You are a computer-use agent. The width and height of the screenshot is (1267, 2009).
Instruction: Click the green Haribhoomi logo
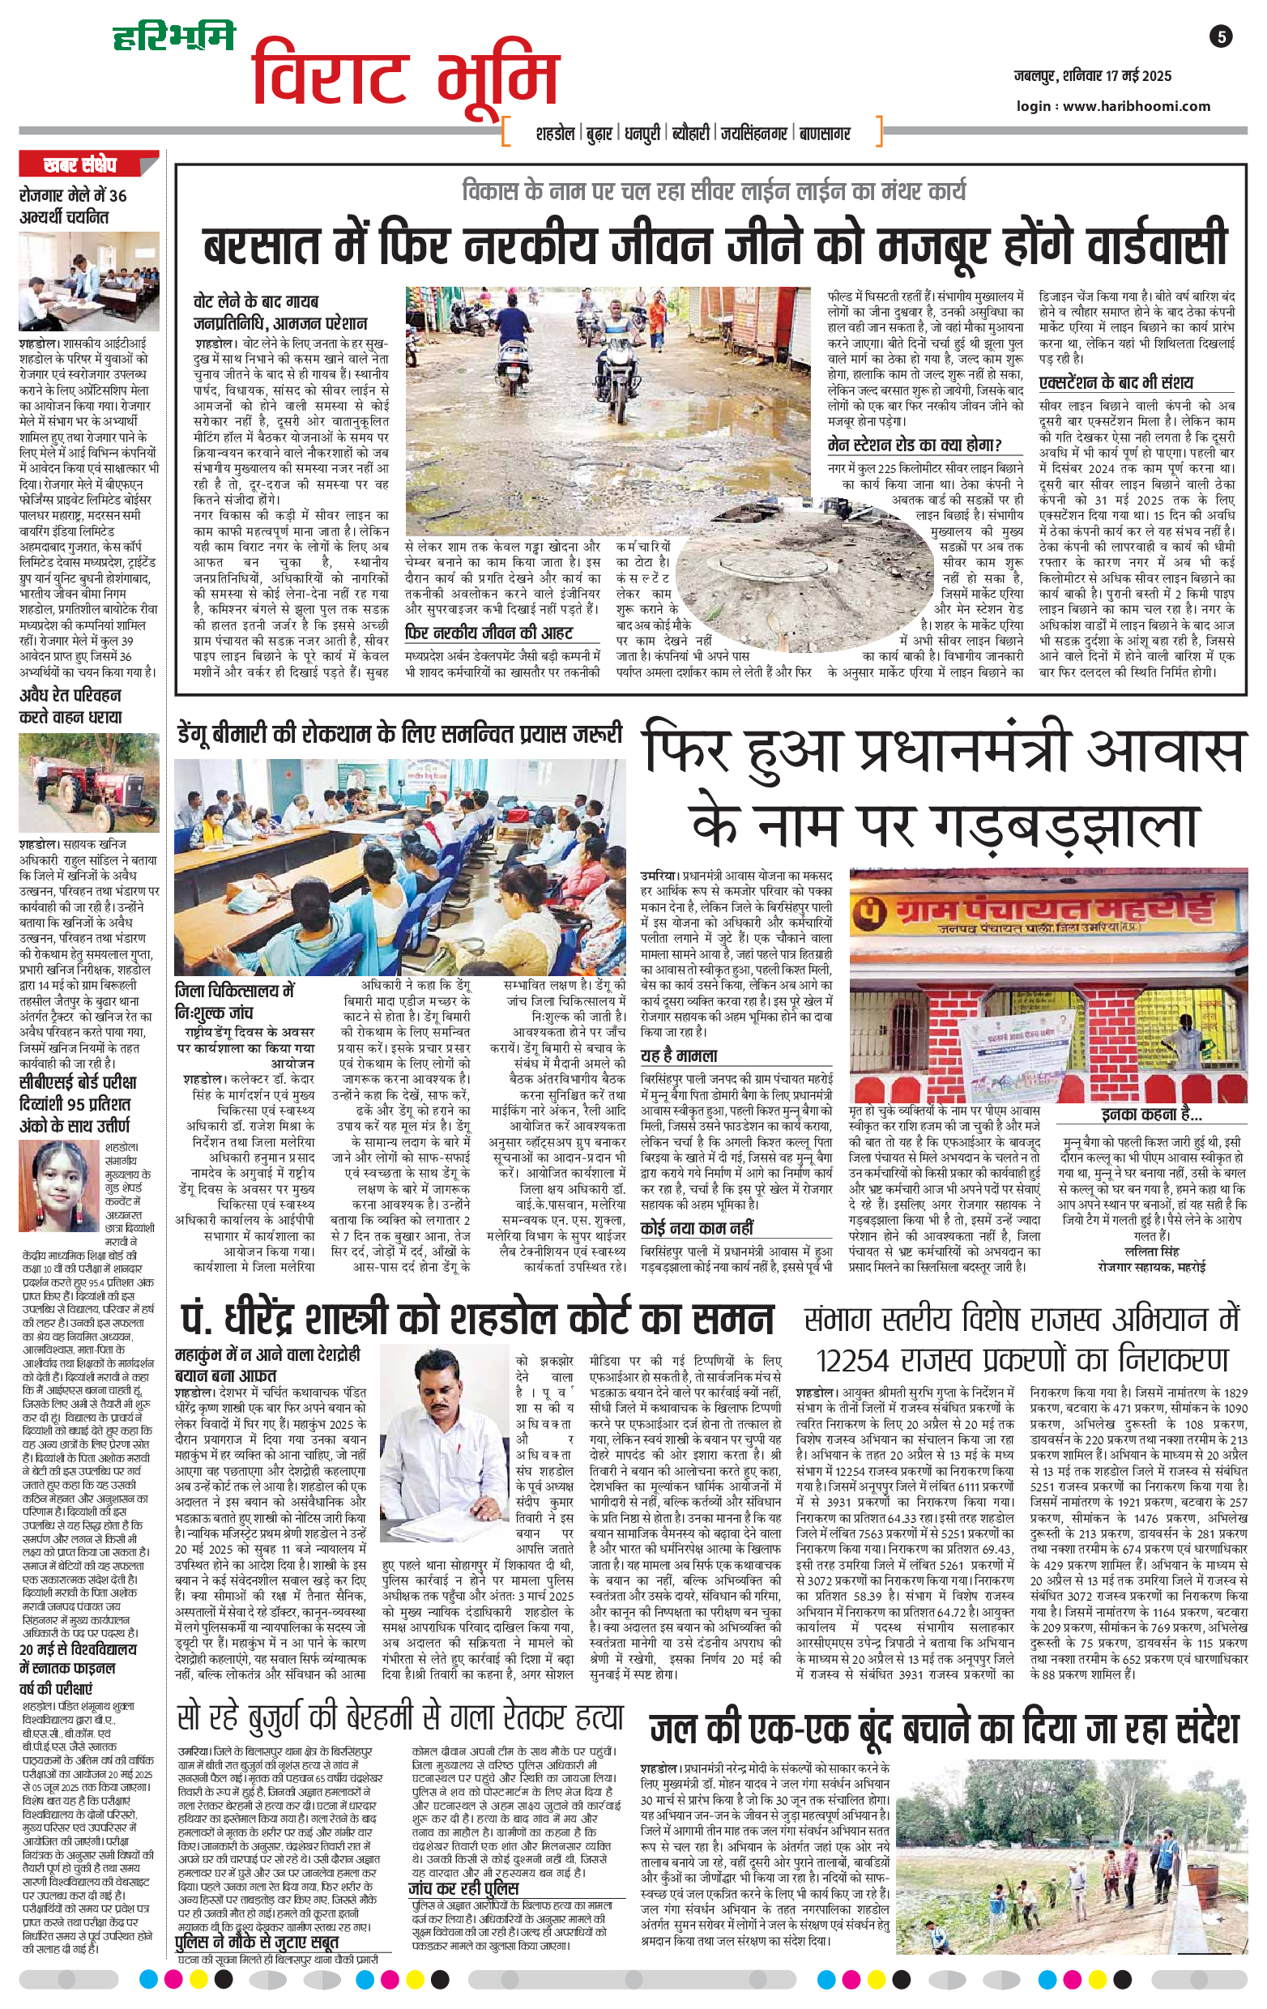(x=174, y=36)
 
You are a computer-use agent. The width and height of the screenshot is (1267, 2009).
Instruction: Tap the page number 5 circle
(x=1222, y=36)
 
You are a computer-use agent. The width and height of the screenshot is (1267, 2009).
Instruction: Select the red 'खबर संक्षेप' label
(x=80, y=165)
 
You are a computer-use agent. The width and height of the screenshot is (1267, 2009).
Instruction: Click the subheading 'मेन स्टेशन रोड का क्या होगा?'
(x=914, y=445)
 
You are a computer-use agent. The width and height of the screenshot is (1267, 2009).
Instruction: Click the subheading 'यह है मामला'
(x=679, y=1056)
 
